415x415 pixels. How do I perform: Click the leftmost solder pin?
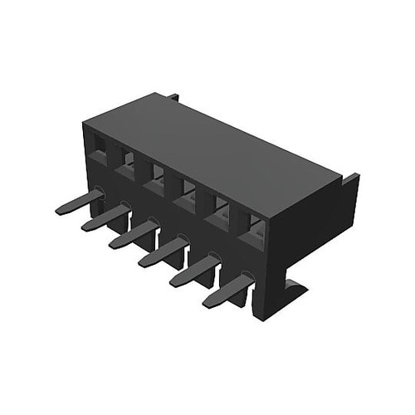80,202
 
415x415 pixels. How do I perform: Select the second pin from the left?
105,217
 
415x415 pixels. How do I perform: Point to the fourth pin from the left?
163,251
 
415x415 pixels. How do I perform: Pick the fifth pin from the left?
194,271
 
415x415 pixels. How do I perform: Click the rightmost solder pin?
227,290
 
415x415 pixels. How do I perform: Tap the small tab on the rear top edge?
173,97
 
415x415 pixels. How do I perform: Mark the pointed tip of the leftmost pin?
60,211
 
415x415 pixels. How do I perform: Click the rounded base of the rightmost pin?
247,279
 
